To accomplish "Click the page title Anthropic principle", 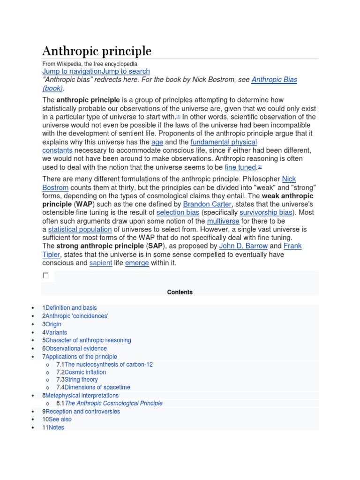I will point(97,51).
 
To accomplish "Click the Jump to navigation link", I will point(72,71).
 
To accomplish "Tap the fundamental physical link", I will point(224,142).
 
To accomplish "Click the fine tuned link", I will point(240,167).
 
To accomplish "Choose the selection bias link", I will point(178,212).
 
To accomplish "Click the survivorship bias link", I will point(265,212).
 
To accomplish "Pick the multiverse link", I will point(223,221).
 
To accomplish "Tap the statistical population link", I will point(80,229).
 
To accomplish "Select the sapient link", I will point(101,263).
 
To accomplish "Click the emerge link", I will point(137,263).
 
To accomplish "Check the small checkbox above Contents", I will point(45,276).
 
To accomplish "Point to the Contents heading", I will point(180,292).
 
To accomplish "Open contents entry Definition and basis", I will point(71,308).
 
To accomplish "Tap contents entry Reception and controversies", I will point(84,412).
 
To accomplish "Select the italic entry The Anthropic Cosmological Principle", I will point(113,403).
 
